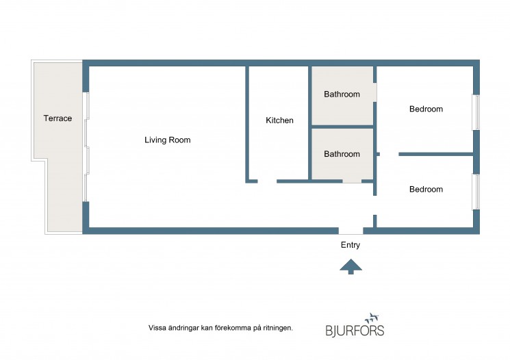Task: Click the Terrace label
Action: tap(58, 118)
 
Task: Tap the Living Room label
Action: tap(168, 140)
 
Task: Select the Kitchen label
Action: tap(279, 120)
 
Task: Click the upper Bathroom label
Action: tap(342, 94)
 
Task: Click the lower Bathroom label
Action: tap(342, 154)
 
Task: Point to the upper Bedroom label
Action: tap(426, 109)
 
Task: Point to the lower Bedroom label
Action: tap(426, 190)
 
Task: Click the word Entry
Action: tap(350, 245)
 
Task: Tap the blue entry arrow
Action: tap(351, 266)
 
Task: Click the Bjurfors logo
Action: tap(355, 325)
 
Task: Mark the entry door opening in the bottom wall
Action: tap(351, 231)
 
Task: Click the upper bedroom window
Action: tap(476, 112)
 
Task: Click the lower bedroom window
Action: tap(476, 192)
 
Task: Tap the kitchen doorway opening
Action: tap(267, 181)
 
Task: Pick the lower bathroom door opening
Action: tap(352, 181)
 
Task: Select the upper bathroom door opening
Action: tap(375, 92)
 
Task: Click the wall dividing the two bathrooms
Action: tap(342, 127)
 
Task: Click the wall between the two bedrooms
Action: tap(436, 154)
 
